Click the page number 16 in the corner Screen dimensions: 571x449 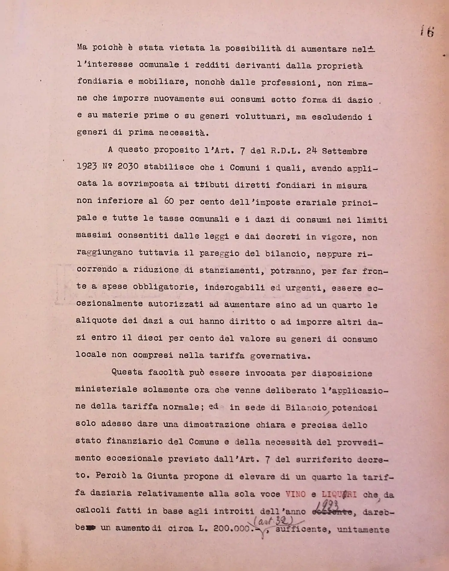click(427, 31)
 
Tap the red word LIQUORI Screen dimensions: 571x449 click(339, 494)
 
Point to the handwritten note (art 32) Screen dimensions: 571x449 click(273, 521)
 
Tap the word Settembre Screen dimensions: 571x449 click(344, 151)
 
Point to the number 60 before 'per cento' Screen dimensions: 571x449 click(169, 201)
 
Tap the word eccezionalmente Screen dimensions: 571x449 click(109, 303)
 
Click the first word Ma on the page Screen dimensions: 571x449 click(82, 47)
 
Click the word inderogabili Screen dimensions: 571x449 click(235, 287)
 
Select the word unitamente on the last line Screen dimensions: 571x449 click(363, 529)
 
